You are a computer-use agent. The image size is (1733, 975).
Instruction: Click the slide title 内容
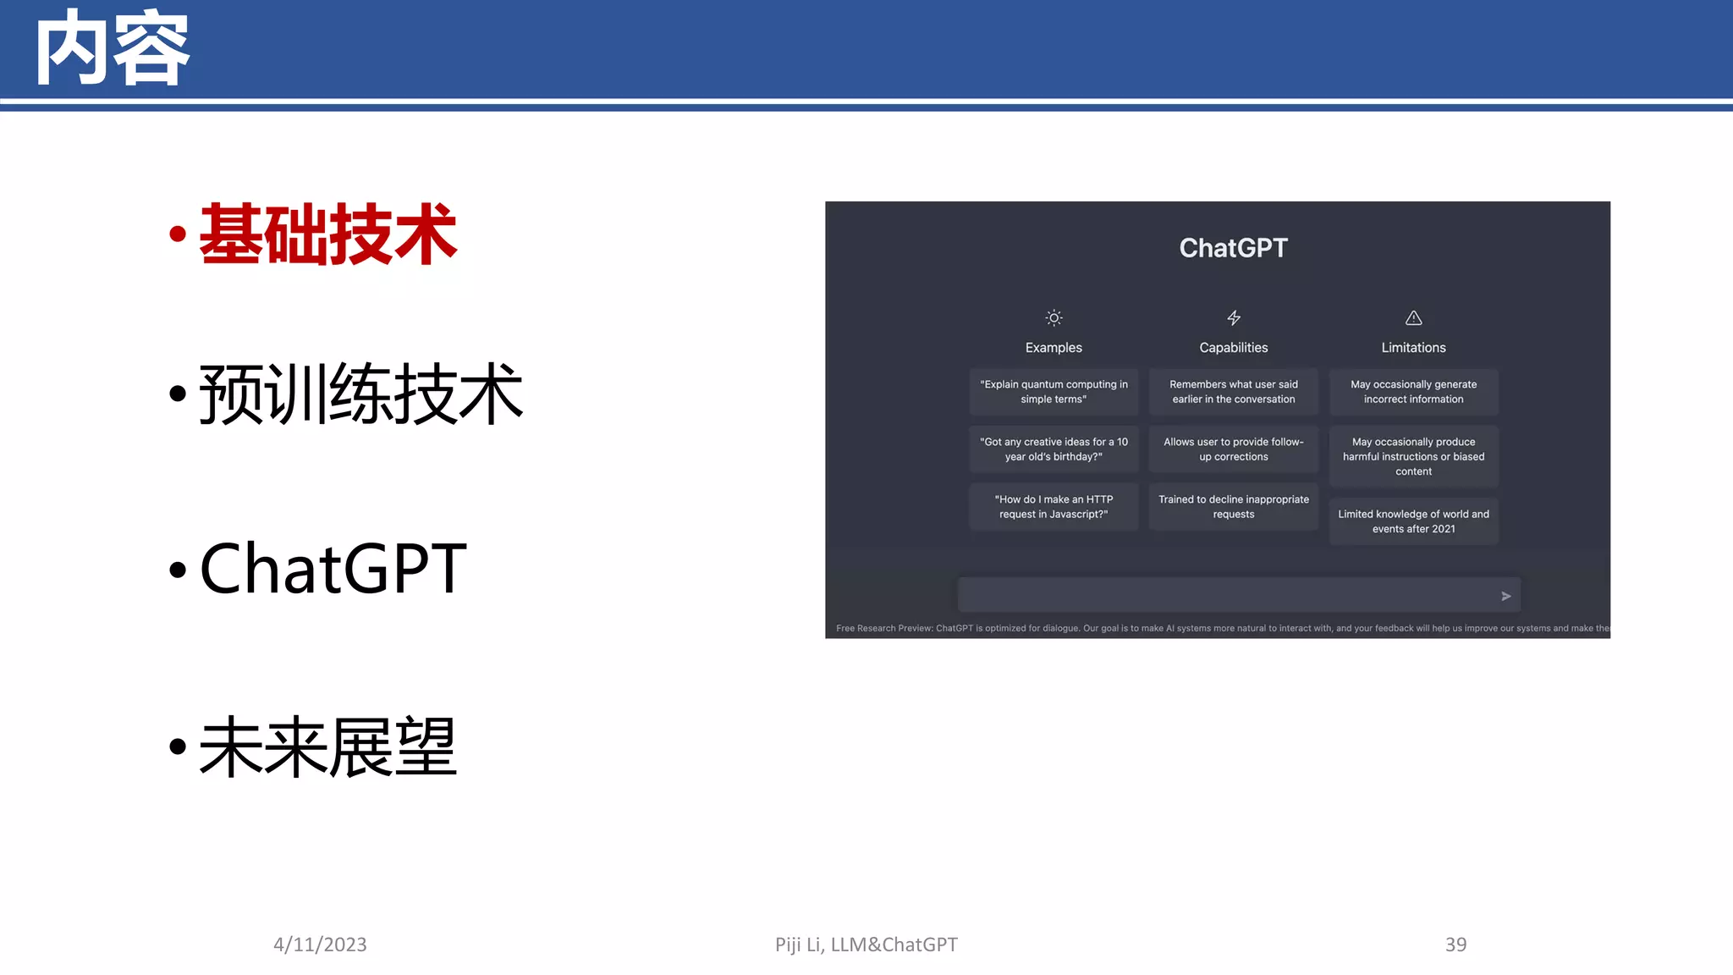[x=112, y=49]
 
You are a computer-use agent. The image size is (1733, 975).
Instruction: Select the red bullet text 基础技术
[x=327, y=234]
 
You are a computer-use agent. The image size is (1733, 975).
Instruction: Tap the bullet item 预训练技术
[x=360, y=394]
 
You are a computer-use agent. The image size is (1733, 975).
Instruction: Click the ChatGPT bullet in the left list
[x=333, y=569]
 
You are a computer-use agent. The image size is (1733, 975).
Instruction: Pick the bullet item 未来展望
[x=327, y=746]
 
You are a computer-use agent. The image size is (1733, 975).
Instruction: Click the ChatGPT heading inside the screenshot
[x=1233, y=248]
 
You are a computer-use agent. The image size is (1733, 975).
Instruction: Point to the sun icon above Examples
[x=1054, y=318]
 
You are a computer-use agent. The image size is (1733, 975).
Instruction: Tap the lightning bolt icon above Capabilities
[x=1234, y=318]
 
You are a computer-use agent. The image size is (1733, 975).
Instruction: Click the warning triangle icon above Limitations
[x=1413, y=318]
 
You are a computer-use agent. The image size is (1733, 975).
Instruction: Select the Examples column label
[x=1054, y=348]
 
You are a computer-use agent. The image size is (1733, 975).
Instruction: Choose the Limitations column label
[x=1413, y=348]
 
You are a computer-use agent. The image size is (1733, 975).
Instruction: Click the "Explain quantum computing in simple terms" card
[x=1054, y=392]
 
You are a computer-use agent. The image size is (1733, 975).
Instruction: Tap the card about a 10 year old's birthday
[x=1054, y=449]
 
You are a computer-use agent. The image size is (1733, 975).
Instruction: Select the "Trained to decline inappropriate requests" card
[x=1233, y=507]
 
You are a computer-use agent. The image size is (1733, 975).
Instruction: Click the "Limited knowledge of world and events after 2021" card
[x=1413, y=521]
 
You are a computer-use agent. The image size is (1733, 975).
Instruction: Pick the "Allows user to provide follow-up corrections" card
[x=1233, y=449]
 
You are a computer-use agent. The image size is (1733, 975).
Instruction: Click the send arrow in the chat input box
[x=1505, y=596]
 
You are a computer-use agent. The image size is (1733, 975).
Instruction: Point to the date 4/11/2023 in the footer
[x=320, y=945]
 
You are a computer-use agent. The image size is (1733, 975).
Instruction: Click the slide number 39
[x=1455, y=945]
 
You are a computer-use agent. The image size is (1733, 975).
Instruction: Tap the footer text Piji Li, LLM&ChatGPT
[x=866, y=945]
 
